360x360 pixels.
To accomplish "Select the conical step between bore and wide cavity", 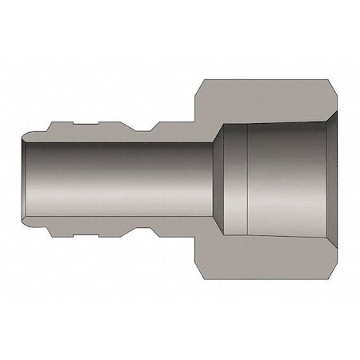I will coord(216,180).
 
